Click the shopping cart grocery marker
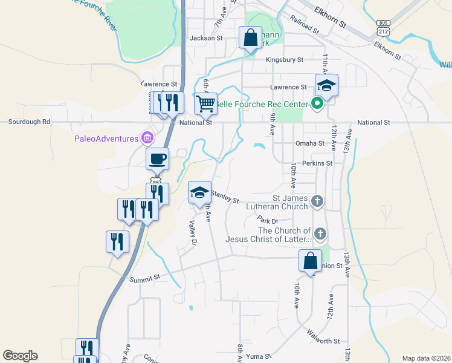point(205,103)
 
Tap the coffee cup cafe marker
point(158,159)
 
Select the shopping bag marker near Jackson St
point(250,38)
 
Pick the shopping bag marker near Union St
point(310,262)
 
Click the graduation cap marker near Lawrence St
point(326,85)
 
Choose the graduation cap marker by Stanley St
point(200,193)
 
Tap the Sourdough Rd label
point(29,122)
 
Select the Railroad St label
point(303,25)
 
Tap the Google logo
point(20,356)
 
